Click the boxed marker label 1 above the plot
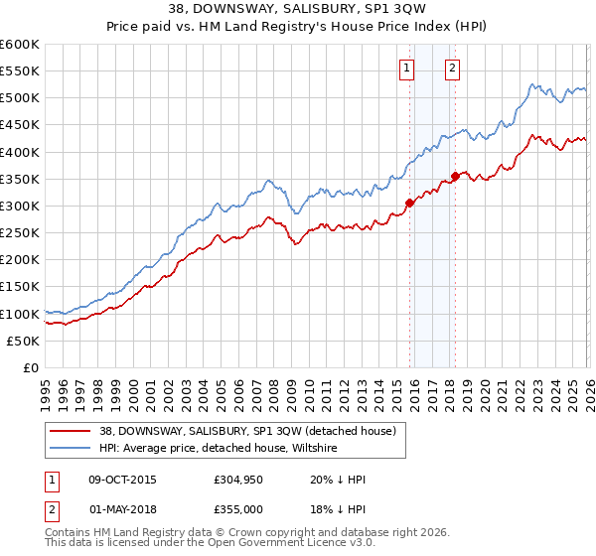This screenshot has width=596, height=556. click(x=407, y=69)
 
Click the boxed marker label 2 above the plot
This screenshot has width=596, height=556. click(x=452, y=69)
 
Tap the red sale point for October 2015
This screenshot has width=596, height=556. click(x=409, y=203)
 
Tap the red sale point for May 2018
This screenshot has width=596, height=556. click(x=454, y=176)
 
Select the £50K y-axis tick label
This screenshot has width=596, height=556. click(x=24, y=341)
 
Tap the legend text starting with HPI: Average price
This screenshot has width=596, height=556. click(x=219, y=449)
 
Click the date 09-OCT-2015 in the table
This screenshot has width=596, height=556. click(x=121, y=480)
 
